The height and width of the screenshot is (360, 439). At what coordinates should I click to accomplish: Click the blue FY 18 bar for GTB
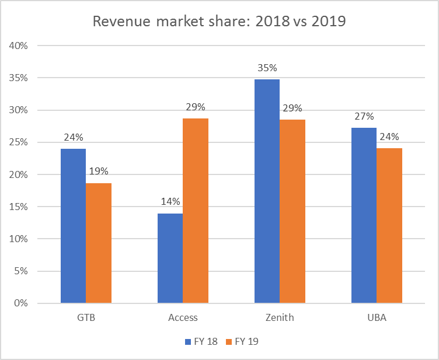coord(73,226)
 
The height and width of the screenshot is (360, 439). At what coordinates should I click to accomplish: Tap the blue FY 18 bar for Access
coord(170,258)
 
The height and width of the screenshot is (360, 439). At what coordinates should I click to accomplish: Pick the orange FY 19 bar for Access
coord(196,211)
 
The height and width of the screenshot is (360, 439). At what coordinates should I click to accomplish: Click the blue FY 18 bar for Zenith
coord(267,191)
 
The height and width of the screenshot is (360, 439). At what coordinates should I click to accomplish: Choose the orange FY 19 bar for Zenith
coord(292,211)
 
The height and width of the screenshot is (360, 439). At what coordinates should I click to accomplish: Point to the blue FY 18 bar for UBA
coord(364,215)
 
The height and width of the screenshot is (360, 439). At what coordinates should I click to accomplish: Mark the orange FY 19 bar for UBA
coord(389,225)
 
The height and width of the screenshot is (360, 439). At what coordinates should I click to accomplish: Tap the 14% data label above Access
coord(170,202)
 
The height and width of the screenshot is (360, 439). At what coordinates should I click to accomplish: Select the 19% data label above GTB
coord(99,172)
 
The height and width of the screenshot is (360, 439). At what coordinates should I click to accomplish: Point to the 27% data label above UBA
coord(364,116)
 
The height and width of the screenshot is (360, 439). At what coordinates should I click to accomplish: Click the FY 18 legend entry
coord(201,342)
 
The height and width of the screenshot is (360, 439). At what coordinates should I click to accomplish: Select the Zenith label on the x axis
coord(280,318)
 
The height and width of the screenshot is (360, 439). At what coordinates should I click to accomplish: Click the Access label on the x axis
coord(183,318)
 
